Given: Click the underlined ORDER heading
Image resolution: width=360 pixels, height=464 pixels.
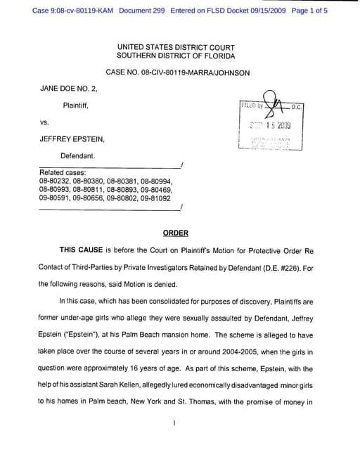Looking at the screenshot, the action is tap(176, 233).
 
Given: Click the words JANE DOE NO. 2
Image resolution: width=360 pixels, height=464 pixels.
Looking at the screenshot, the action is tap(68, 89).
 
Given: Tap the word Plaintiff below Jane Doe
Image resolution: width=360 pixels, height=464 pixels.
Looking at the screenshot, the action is tap(76, 105).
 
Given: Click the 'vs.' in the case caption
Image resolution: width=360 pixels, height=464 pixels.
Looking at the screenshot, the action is tap(45, 122).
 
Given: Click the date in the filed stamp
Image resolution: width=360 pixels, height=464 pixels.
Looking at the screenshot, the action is tap(269, 126).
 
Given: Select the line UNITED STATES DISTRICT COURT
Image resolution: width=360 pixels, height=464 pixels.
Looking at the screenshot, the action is tap(176, 46).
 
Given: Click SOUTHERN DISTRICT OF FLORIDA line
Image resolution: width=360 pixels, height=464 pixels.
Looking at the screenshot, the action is tap(176, 56).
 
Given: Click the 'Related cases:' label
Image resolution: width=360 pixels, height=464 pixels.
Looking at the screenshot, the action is tap(63, 172).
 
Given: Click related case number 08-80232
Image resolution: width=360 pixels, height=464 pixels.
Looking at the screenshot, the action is tap(56, 181).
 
